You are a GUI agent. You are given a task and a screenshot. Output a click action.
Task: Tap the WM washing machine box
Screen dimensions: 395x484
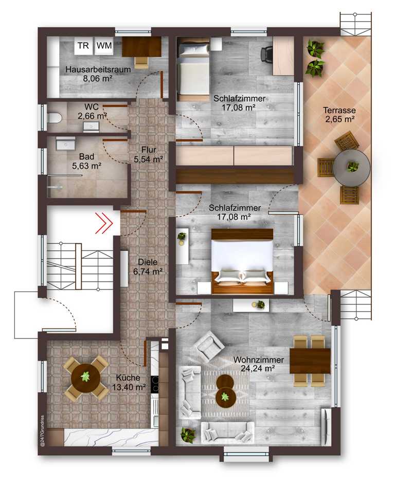[x=104, y=46]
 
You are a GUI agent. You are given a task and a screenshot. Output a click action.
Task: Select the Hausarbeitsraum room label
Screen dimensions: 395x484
[x=98, y=69]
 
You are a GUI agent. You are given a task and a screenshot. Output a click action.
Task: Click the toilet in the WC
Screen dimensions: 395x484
[x=55, y=118]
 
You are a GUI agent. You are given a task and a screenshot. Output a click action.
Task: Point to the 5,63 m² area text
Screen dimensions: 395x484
[x=87, y=166]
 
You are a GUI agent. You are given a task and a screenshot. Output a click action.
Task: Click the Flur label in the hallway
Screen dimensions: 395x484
[x=149, y=150]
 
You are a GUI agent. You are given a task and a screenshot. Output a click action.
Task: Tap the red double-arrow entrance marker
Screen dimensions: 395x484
[x=104, y=222]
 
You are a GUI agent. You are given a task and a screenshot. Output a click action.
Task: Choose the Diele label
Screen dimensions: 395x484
[x=148, y=262]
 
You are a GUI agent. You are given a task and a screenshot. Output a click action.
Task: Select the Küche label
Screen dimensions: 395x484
[x=128, y=378]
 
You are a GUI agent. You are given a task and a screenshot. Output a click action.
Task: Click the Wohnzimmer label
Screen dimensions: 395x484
[x=259, y=360]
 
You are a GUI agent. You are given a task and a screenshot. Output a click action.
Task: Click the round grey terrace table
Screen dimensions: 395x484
[x=351, y=168]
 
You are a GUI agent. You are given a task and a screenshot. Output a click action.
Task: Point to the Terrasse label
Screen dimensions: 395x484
[x=339, y=110]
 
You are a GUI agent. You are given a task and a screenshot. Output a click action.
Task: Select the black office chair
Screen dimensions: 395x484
[x=267, y=55]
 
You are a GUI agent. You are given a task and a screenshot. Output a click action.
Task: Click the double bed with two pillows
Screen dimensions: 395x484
[x=243, y=261]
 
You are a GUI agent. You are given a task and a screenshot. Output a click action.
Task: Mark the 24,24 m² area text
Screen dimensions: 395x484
[x=258, y=369]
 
